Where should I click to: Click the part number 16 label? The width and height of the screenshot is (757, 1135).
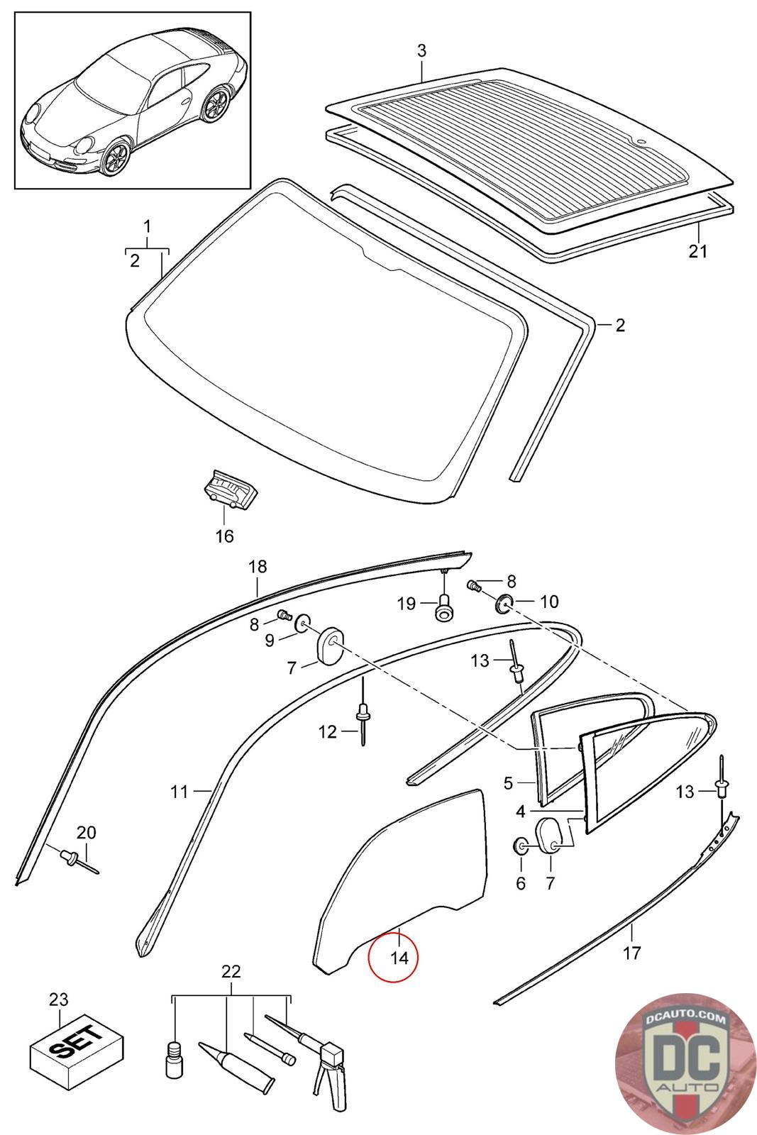(224, 536)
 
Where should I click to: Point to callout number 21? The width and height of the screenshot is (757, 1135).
(699, 250)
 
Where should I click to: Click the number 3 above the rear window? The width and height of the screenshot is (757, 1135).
(422, 51)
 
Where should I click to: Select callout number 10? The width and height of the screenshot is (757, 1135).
(549, 602)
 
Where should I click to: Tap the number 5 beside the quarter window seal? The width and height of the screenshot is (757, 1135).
(508, 783)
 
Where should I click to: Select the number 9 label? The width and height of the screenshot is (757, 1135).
(270, 641)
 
